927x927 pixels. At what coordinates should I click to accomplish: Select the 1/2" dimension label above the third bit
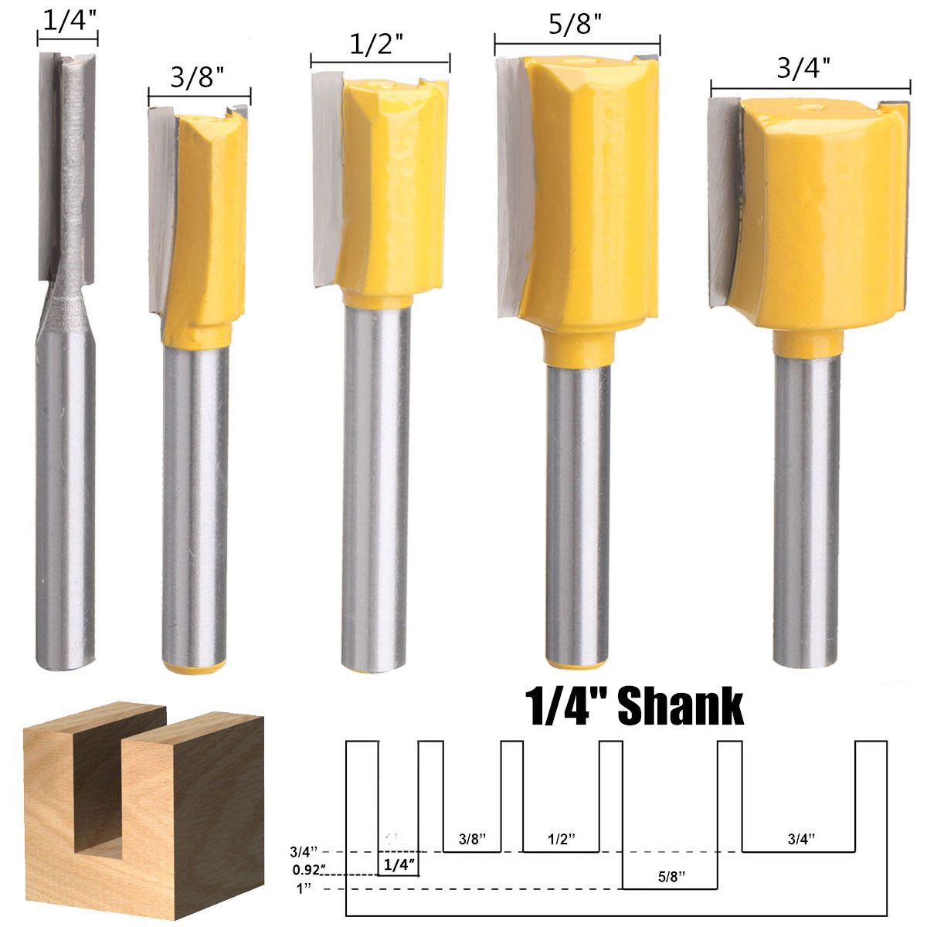click(x=379, y=45)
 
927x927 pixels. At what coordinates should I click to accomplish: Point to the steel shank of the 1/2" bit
click(x=376, y=479)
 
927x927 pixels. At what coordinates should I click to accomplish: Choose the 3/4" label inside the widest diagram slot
click(x=801, y=838)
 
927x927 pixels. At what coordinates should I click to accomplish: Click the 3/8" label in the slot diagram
click(x=472, y=838)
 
